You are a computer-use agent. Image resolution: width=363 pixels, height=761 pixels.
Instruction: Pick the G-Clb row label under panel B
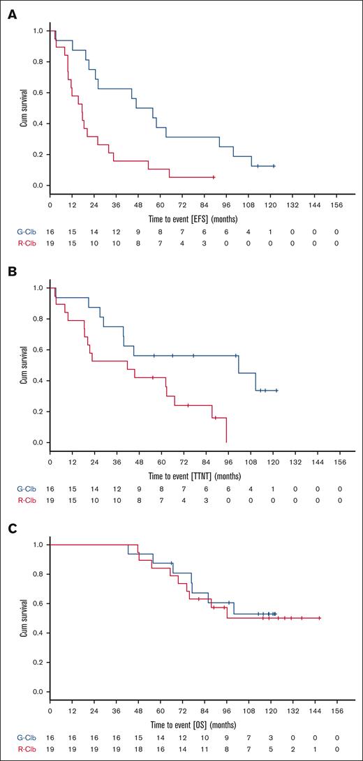[23, 488]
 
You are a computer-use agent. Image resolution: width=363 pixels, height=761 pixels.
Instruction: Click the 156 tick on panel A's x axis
[339, 206]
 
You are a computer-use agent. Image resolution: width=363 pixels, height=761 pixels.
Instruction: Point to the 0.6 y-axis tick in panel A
[38, 93]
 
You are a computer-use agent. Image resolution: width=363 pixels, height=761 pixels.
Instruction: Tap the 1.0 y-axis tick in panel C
[38, 544]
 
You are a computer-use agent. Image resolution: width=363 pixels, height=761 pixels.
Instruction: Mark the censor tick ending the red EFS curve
[214, 177]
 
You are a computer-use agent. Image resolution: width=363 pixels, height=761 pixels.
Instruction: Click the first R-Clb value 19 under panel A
[50, 242]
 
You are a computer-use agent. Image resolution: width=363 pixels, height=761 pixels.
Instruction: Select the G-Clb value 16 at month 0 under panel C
[50, 736]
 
